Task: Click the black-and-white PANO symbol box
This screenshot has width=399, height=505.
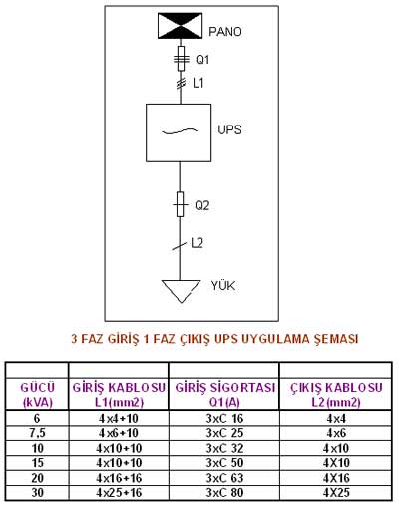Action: click(180, 26)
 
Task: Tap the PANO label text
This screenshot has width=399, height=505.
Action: click(225, 32)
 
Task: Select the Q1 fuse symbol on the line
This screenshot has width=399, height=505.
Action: click(181, 59)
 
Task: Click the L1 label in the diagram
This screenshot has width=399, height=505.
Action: click(199, 83)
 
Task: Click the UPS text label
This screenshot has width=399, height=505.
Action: click(229, 129)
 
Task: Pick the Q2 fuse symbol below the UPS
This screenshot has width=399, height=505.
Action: click(180, 204)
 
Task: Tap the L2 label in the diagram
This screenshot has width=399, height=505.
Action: click(197, 243)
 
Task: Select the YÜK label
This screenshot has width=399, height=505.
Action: click(223, 286)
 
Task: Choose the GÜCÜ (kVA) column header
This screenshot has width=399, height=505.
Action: click(38, 395)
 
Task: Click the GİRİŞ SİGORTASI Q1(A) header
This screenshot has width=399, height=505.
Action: click(225, 395)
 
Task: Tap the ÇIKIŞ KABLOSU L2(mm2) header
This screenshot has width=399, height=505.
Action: click(336, 395)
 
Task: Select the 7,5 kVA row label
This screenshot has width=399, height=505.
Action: click(37, 433)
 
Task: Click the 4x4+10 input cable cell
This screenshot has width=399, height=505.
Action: click(119, 419)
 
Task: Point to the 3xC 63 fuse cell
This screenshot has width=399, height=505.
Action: click(224, 478)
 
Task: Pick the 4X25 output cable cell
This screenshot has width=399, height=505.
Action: click(336, 492)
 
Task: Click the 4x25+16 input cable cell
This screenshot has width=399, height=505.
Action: click(119, 492)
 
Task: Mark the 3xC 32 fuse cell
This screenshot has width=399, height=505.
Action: click(224, 448)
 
